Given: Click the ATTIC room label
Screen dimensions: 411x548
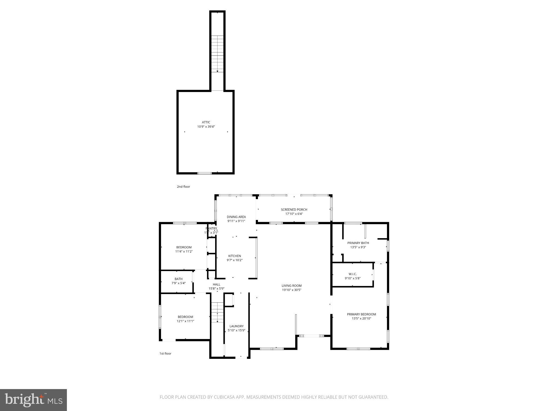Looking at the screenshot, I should point(206,122).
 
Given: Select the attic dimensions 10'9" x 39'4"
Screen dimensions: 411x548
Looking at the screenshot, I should point(206,127).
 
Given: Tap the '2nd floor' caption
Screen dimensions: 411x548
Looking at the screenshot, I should point(183,187).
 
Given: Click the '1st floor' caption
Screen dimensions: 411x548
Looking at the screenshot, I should point(165,353).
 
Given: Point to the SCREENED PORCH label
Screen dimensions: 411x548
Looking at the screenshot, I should point(294,210).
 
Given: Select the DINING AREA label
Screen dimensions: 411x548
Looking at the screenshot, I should point(236,217).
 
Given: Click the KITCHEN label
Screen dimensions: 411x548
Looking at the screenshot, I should point(234,256).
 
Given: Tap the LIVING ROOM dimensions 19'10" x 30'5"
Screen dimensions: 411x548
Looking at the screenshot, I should point(291,290).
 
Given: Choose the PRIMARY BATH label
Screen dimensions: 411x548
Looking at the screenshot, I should point(358,243).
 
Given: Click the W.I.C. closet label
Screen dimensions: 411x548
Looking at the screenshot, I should point(352,274).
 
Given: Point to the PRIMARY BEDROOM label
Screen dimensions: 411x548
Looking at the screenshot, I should point(361,314).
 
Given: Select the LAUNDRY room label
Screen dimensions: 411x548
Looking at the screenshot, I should point(236,326).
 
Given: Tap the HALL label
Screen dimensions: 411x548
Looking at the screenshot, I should point(216,284).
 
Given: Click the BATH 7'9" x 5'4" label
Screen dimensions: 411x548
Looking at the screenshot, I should point(178,281).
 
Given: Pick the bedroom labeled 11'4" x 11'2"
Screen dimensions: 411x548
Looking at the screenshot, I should point(184,249).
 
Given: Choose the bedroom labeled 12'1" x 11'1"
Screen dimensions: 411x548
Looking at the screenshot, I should point(185,319).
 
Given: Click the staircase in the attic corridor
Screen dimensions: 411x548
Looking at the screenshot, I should point(217,54).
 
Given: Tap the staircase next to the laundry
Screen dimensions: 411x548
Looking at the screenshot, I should point(217,312).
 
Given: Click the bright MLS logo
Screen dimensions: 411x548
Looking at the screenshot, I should point(33,400).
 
